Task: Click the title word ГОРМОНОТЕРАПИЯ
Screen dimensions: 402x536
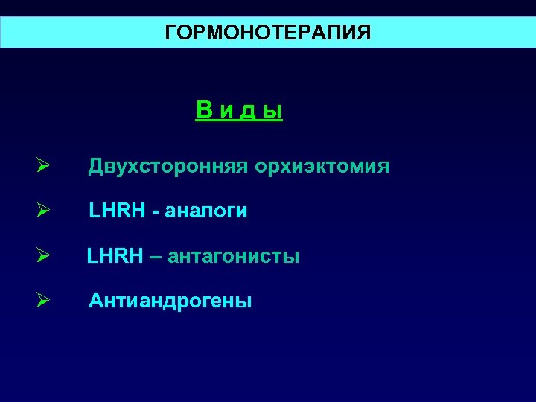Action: pos(267,33)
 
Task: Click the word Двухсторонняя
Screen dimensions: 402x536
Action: pos(168,166)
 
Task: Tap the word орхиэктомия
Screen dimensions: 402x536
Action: pos(322,166)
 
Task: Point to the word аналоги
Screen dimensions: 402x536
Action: pos(209,212)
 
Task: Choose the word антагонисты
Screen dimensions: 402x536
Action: pos(234,257)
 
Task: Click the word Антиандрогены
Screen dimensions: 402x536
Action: pos(170,301)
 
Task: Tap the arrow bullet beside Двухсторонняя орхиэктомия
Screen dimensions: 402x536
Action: pos(43,166)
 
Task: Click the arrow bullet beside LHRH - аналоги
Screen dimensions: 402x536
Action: pos(43,211)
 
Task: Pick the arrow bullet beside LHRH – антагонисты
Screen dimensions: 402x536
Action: pos(43,256)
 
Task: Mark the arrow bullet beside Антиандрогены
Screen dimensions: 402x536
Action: pos(43,301)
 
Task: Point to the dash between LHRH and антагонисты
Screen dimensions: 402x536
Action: pos(154,258)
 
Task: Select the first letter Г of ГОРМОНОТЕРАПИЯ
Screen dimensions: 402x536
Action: pos(170,33)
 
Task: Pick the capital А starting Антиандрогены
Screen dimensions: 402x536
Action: pos(96,301)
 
